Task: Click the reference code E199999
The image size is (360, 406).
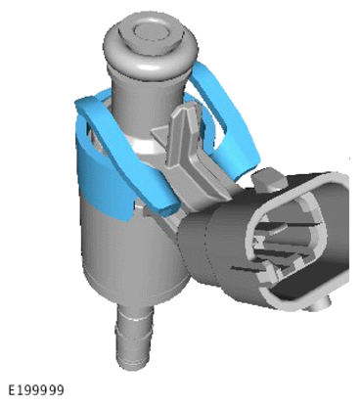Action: pyautogui.click(x=36, y=390)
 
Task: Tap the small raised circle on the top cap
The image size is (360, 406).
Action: pyautogui.click(x=152, y=31)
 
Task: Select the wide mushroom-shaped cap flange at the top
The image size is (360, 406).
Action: pyautogui.click(x=151, y=45)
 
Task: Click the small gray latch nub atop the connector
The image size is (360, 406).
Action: pyautogui.click(x=268, y=178)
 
